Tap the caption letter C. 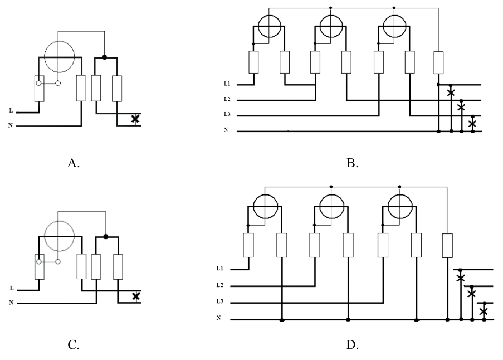pyautogui.click(x=74, y=346)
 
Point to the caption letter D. pyautogui.click(x=353, y=346)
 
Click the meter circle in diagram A pyautogui.click(x=58, y=57)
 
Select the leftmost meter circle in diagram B pyautogui.click(x=269, y=26)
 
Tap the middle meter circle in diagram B pyautogui.click(x=331, y=26)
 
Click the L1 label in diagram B pyautogui.click(x=228, y=85)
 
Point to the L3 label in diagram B pyautogui.click(x=228, y=116)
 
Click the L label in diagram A pyautogui.click(x=11, y=111)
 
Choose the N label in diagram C pyautogui.click(x=11, y=303)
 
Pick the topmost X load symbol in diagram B pyautogui.click(x=451, y=92)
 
